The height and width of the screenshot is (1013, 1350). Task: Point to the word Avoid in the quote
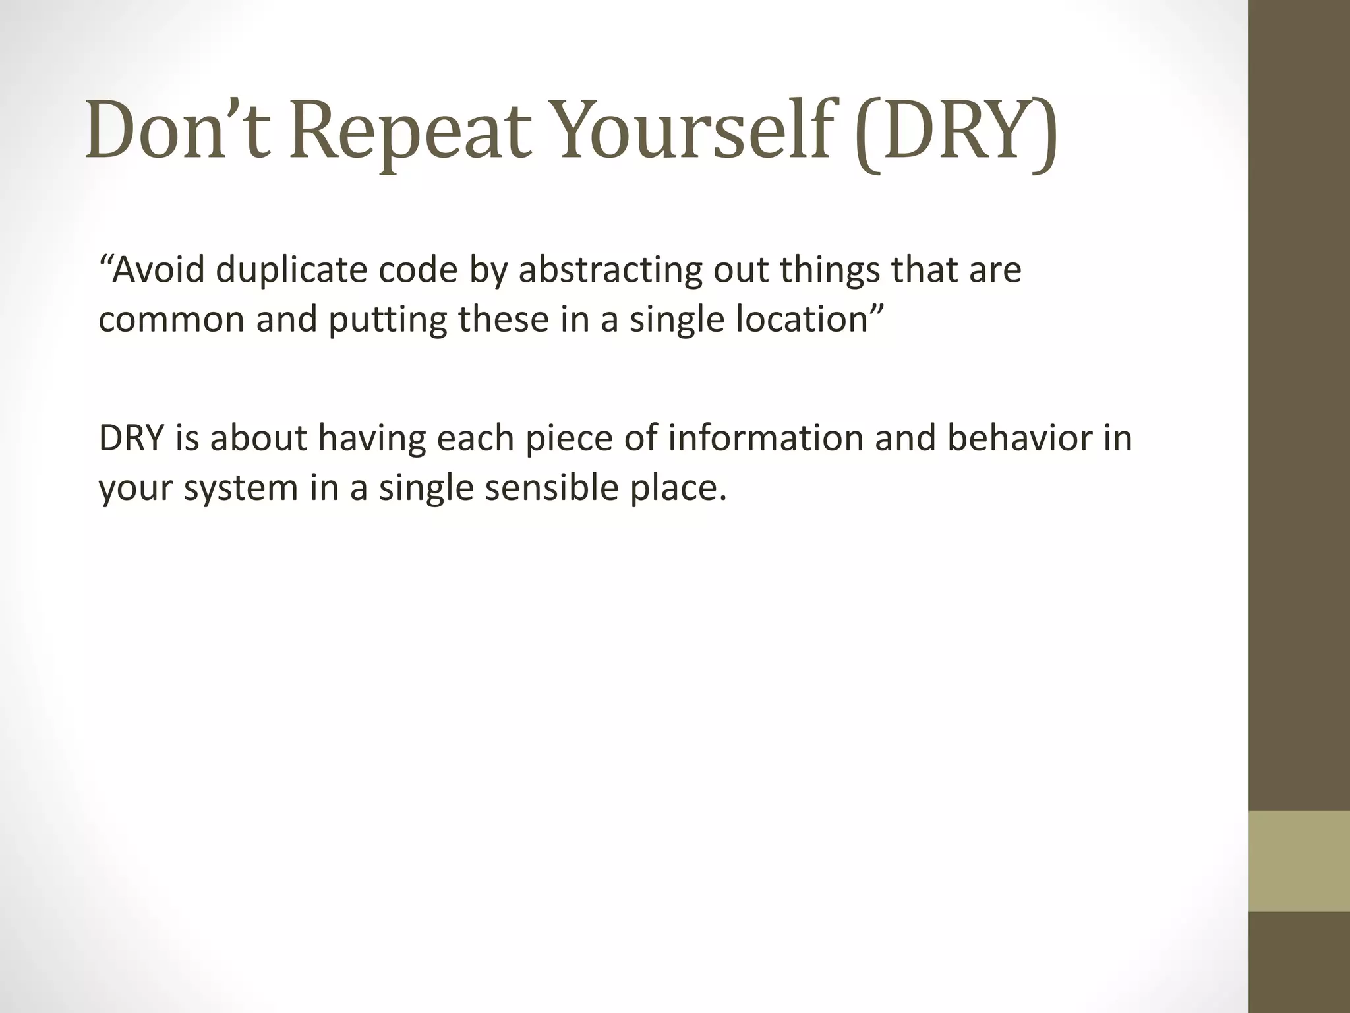(159, 270)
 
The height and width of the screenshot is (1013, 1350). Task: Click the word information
(765, 439)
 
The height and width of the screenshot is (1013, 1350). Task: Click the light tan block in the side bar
(1299, 861)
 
